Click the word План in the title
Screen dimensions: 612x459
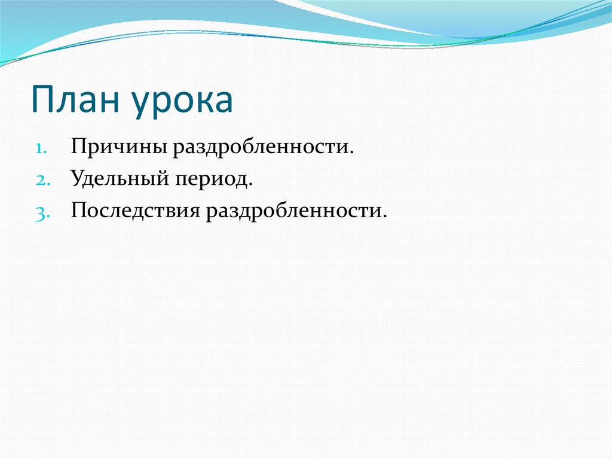(x=75, y=99)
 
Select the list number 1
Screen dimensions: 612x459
(x=41, y=148)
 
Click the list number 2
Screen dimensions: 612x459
(x=43, y=180)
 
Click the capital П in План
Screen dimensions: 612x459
(x=42, y=99)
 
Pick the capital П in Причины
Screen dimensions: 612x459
(x=80, y=146)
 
